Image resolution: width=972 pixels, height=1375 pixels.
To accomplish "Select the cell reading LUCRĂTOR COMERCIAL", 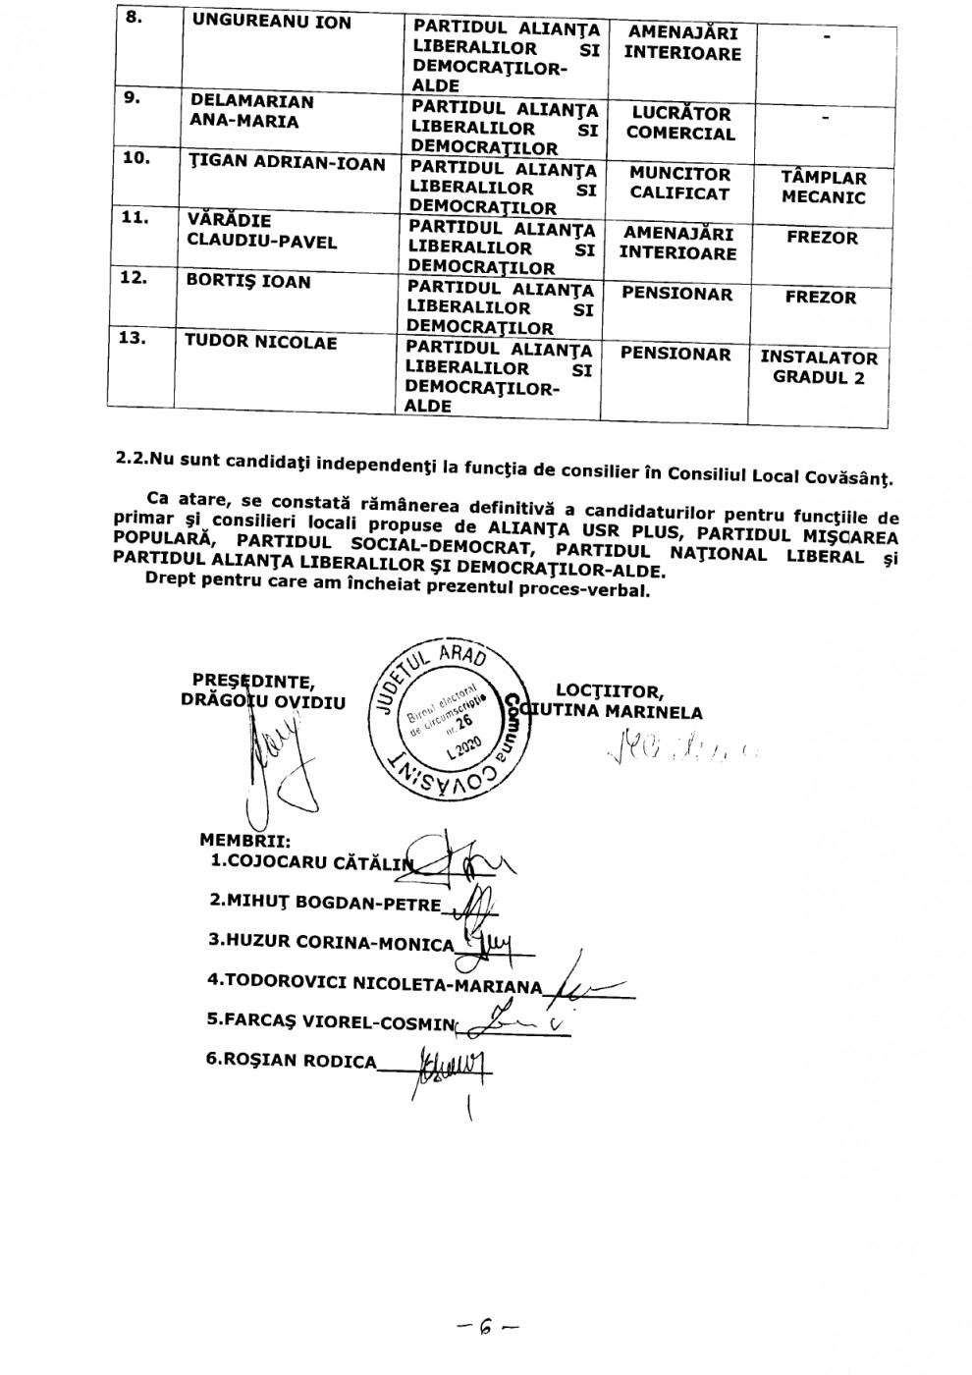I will click(680, 123).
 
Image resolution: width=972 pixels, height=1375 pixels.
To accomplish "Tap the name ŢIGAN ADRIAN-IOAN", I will click(288, 163).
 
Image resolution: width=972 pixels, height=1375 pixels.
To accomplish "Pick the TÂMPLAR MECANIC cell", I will click(824, 187).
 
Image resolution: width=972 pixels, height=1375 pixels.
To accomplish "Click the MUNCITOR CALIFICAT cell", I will click(679, 184).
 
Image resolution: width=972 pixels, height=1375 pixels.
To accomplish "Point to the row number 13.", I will click(133, 339).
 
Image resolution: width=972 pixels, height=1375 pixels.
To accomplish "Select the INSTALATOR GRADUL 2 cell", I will click(818, 367).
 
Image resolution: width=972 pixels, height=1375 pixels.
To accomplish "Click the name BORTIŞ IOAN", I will click(248, 282).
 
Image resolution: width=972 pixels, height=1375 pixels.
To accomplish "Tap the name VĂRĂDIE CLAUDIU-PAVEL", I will click(261, 231).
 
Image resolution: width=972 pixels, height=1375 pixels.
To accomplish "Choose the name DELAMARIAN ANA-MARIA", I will click(252, 111).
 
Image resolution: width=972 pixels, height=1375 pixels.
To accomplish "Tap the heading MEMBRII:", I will click(243, 841).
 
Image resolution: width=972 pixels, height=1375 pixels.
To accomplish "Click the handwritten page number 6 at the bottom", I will click(485, 1328).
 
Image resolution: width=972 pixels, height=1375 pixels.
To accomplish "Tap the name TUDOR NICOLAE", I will click(261, 342).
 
